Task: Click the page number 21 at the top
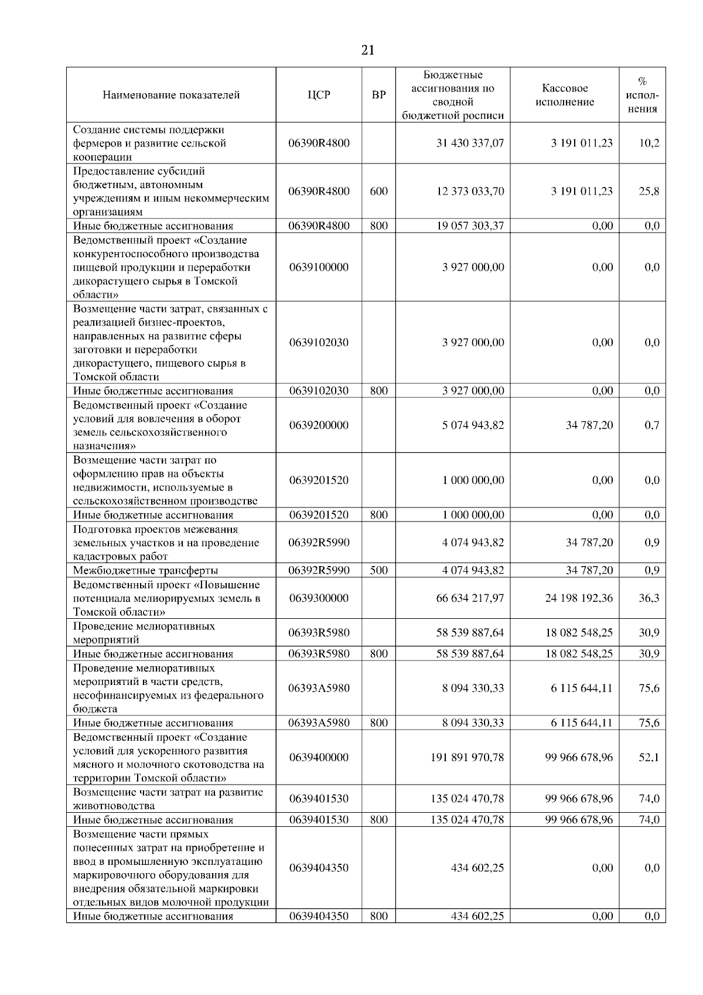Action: (368, 50)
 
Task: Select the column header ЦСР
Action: (319, 95)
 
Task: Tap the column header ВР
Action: (379, 95)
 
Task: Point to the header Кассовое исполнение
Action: (565, 95)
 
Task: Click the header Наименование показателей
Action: (171, 95)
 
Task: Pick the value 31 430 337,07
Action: (470, 143)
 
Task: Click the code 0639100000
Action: (319, 267)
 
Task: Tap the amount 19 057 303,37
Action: (470, 226)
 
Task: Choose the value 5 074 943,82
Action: (473, 425)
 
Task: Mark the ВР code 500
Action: (379, 570)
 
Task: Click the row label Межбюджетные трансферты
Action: (146, 570)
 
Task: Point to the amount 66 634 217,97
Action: (470, 598)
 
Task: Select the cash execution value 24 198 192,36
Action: (579, 598)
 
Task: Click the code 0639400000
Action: (319, 758)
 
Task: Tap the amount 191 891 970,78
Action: (467, 758)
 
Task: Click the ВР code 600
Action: (379, 191)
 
